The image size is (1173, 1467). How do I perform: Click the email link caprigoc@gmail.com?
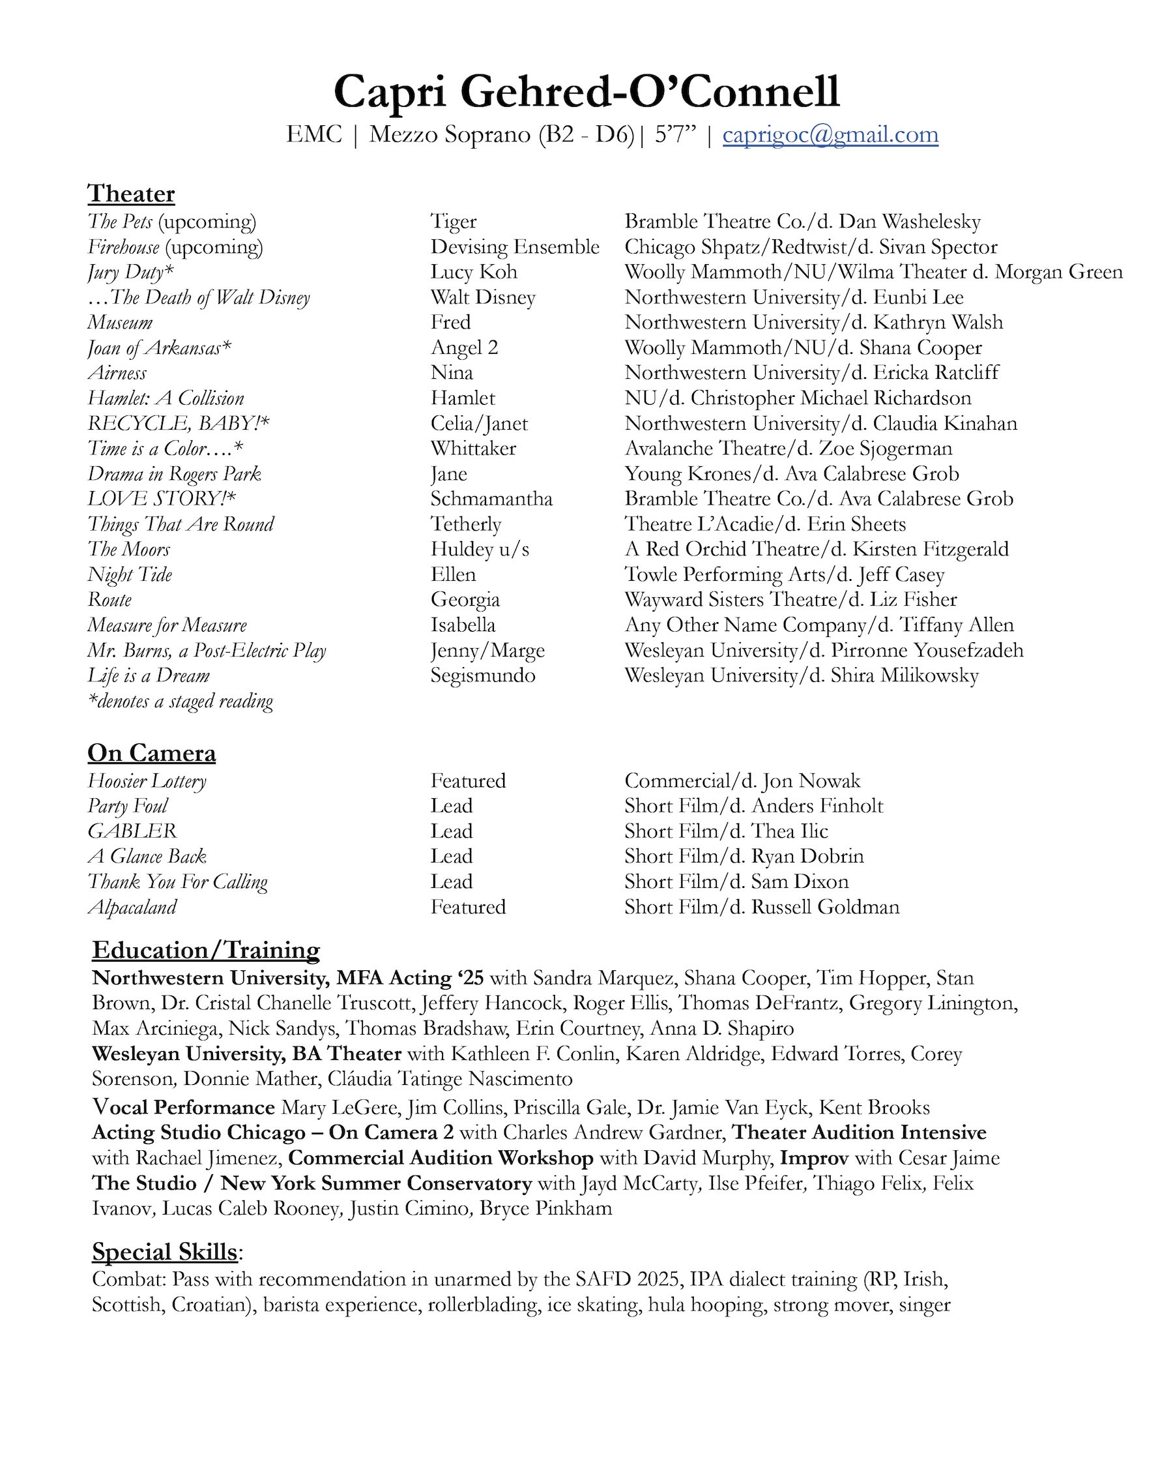(x=830, y=135)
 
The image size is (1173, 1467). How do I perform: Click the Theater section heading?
(x=131, y=194)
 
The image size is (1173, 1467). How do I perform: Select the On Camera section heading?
(x=152, y=752)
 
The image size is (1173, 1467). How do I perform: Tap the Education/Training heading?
(x=206, y=950)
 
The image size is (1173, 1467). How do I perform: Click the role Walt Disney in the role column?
(x=483, y=297)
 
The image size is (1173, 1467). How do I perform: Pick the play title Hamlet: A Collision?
(x=166, y=398)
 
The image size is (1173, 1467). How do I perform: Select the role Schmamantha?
(x=491, y=499)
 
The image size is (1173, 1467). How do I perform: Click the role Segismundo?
(x=483, y=675)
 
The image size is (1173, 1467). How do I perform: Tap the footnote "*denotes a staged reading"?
(x=181, y=701)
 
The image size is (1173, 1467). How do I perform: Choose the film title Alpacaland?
(x=132, y=907)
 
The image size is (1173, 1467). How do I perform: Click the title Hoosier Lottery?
(x=147, y=781)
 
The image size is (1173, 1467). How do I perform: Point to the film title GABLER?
(x=132, y=831)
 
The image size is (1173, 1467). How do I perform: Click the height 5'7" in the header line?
(x=675, y=135)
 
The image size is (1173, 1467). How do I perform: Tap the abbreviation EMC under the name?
(x=313, y=135)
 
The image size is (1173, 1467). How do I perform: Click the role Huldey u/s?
(x=480, y=549)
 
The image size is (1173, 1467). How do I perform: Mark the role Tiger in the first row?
(x=454, y=222)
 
